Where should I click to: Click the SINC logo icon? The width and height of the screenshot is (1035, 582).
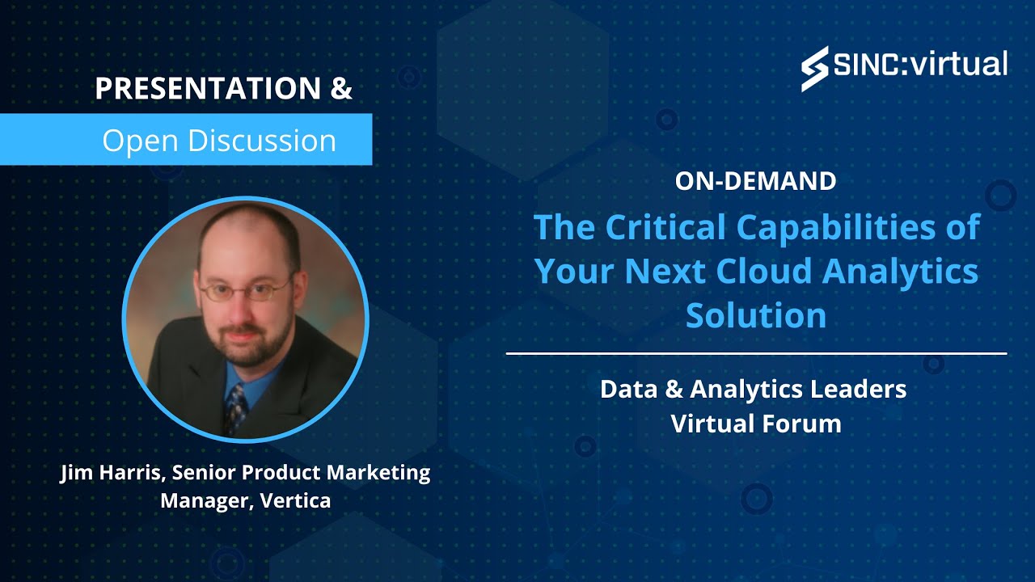(x=814, y=68)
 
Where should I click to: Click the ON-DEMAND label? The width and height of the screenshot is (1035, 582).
(x=755, y=181)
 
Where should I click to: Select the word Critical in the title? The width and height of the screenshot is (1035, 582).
(x=668, y=228)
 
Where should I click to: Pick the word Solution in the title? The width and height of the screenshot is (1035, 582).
(x=756, y=315)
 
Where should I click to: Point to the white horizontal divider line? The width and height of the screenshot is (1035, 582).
(x=756, y=353)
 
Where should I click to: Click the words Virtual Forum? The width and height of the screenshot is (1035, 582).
(x=756, y=423)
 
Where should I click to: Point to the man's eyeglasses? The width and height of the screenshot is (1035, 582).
(x=245, y=289)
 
